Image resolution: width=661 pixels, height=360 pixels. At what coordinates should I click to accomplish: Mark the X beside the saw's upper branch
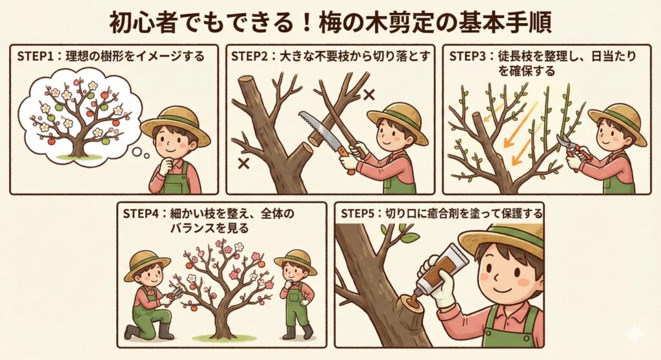point(369,94)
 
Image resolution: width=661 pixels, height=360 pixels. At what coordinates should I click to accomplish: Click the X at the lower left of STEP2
point(243,163)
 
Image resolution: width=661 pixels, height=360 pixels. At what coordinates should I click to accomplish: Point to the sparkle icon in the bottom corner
point(634,334)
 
